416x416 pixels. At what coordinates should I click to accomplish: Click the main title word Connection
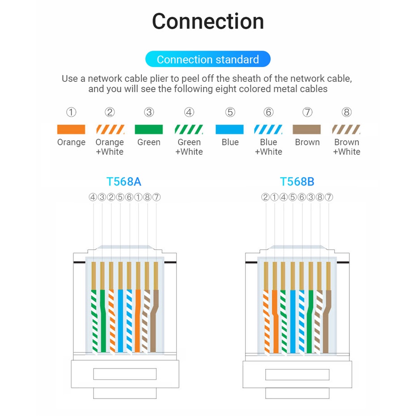(208, 21)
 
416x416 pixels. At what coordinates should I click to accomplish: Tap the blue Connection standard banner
(208, 59)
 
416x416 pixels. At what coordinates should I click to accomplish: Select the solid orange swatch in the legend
(71, 129)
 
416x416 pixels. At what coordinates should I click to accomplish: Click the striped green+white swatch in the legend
(189, 129)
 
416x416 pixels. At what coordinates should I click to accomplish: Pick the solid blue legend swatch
(229, 129)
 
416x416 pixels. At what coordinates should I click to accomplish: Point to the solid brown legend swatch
(307, 129)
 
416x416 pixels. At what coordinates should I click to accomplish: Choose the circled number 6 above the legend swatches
(268, 112)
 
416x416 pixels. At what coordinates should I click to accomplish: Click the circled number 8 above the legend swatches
(347, 112)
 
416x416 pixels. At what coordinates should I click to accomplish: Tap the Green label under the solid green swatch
(149, 142)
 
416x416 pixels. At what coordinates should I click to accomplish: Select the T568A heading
(123, 182)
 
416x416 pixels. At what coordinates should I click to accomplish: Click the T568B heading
(297, 182)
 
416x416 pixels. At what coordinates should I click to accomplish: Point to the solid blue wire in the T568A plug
(120, 321)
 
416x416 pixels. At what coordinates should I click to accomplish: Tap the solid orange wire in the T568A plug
(138, 321)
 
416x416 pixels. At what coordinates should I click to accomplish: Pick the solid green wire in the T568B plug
(310, 322)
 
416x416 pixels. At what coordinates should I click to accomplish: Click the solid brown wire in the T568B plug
(327, 322)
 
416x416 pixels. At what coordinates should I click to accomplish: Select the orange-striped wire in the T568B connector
(266, 322)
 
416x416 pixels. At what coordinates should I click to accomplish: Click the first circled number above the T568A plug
(93, 197)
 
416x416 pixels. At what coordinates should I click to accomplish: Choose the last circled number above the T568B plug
(329, 197)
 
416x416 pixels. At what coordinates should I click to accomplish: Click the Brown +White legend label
(347, 147)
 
